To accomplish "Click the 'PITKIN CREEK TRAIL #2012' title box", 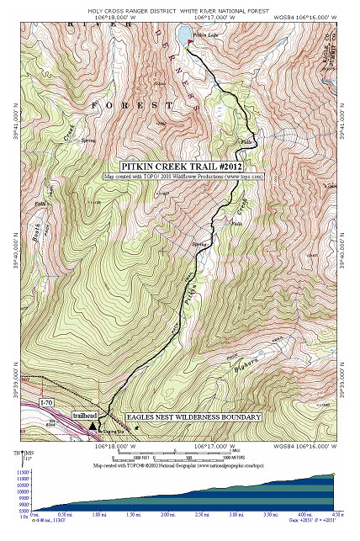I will [x=184, y=167].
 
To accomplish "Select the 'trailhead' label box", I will [x=85, y=416].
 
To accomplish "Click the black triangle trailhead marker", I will [x=92, y=427].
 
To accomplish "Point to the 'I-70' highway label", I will [x=49, y=404].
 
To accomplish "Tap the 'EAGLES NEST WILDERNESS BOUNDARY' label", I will [x=193, y=416].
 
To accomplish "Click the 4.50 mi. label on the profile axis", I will [x=335, y=514].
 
